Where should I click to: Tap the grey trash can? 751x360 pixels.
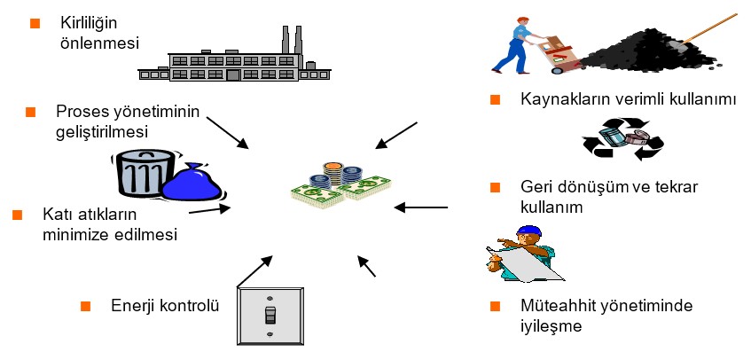(x=143, y=174)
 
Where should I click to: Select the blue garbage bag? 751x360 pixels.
(x=196, y=181)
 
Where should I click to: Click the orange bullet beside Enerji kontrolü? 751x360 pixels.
(x=86, y=306)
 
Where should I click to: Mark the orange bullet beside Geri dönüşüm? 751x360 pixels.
(x=497, y=187)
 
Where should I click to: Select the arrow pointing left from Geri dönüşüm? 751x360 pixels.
(x=421, y=207)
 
